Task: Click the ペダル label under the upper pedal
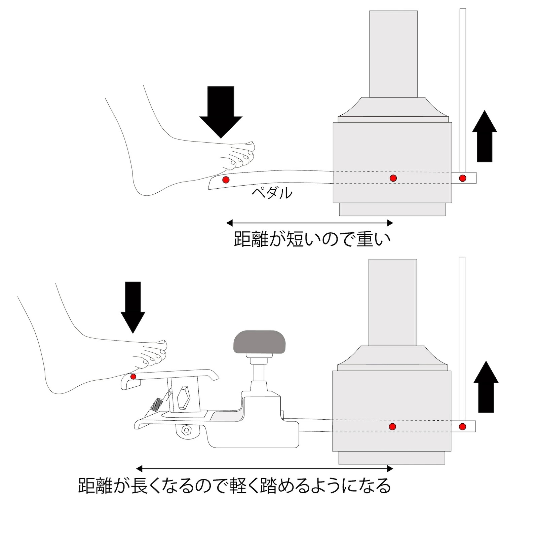(x=272, y=193)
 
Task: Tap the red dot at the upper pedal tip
(x=227, y=180)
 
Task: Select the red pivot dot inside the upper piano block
(x=393, y=178)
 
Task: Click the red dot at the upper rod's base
(x=463, y=178)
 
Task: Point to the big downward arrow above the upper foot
(x=221, y=111)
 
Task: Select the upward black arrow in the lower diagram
(x=486, y=387)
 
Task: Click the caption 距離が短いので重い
(x=312, y=239)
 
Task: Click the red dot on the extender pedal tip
(x=133, y=376)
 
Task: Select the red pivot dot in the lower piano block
(x=392, y=426)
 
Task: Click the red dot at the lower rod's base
(x=463, y=426)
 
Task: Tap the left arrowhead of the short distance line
(x=229, y=223)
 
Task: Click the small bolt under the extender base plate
(x=186, y=429)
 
